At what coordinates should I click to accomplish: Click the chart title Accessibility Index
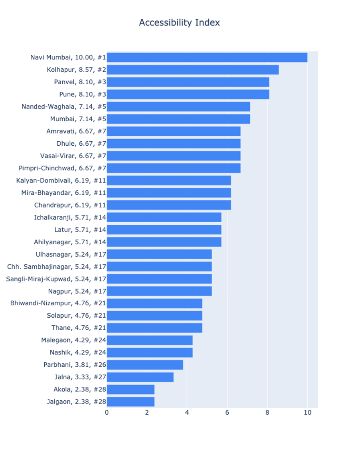pos(179,23)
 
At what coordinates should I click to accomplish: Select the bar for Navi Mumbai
pos(207,57)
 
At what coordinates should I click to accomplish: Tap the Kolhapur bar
pos(192,70)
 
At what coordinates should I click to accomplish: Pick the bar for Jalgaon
pos(131,402)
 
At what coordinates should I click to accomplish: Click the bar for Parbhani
pos(145,365)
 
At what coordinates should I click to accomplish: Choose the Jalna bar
pos(140,377)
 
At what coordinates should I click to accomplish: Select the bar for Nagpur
pos(159,291)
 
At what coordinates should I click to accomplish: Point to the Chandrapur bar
pos(169,205)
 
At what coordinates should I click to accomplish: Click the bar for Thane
pos(154,328)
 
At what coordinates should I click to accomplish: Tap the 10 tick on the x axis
pos(307,413)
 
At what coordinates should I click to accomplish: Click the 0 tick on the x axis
pos(107,413)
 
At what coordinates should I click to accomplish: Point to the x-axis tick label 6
pos(227,413)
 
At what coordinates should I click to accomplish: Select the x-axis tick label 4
pos(187,413)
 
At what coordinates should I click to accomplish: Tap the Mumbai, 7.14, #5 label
pos(78,119)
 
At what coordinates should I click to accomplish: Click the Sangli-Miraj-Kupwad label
pos(56,279)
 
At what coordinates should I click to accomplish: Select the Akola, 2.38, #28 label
pos(80,390)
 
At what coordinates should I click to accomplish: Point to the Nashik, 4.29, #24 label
pos(78,352)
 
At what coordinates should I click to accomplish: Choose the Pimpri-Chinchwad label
pos(62,168)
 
